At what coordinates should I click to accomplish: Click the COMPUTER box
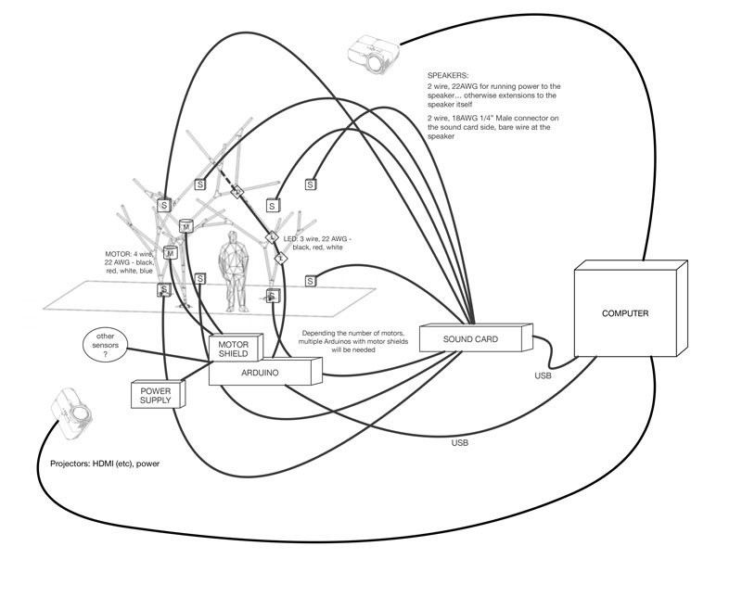[631, 308]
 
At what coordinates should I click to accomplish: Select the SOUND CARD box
[476, 337]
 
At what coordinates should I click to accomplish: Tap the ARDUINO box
[265, 372]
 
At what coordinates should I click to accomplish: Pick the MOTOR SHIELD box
[237, 348]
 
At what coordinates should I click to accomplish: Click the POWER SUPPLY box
[158, 394]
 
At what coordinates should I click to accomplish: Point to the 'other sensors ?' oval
[106, 345]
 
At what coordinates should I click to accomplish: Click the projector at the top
[374, 53]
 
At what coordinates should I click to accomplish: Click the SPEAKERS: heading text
[448, 75]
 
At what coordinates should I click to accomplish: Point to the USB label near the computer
[543, 375]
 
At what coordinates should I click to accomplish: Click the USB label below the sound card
[459, 443]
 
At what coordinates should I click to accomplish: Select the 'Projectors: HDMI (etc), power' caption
[105, 464]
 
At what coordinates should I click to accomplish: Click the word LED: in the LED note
[290, 239]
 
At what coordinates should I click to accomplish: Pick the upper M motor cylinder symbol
[186, 226]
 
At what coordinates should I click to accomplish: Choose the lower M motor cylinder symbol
[171, 253]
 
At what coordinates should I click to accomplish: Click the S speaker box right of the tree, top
[310, 184]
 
